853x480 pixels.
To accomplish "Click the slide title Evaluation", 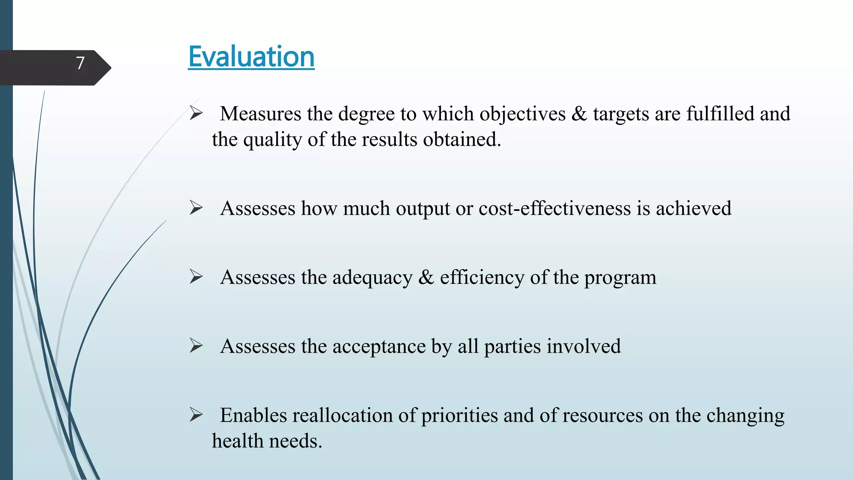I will coord(251,57).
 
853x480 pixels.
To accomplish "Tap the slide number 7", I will coord(80,63).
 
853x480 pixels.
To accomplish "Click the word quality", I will coord(272,140).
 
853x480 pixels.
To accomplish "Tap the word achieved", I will coord(693,208).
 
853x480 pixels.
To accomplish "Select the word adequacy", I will coord(372,277).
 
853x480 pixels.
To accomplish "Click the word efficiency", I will coord(482,277).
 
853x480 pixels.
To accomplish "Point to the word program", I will coord(620,278).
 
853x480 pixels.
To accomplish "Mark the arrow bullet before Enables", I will coord(196,415).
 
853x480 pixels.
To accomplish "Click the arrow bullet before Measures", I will coord(196,113).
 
